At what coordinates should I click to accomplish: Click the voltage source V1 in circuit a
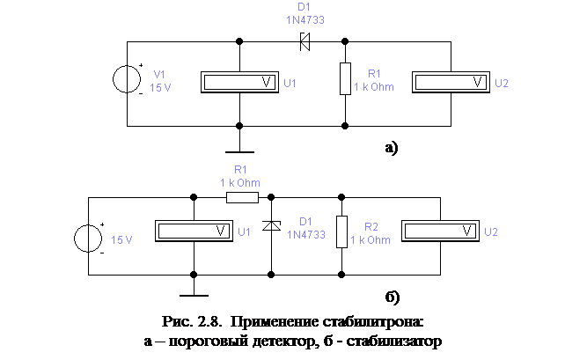(128, 80)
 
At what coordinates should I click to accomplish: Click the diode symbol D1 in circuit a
(306, 40)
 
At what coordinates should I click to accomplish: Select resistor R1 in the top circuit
(345, 79)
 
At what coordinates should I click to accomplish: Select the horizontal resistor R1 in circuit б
(242, 197)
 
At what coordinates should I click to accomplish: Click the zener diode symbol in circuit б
(272, 227)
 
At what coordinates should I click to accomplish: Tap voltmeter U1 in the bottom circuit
(193, 231)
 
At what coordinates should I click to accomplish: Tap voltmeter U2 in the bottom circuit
(442, 231)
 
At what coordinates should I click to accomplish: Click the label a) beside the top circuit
(391, 147)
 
